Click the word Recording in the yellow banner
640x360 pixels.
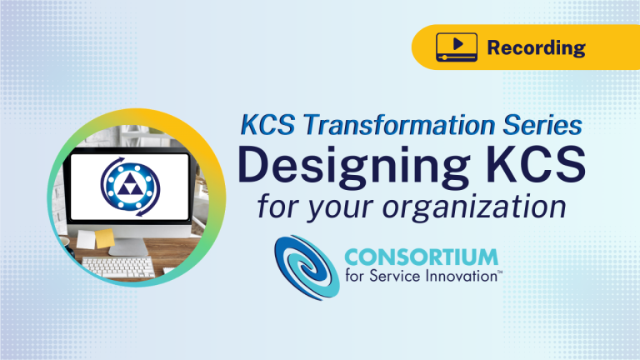point(537,48)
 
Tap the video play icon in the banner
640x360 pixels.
point(457,47)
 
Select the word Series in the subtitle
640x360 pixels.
point(542,124)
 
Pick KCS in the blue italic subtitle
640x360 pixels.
point(267,124)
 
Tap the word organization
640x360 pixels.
point(474,207)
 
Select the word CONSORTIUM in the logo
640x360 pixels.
point(421,257)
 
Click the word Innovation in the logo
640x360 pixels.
point(461,276)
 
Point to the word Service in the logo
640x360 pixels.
point(395,276)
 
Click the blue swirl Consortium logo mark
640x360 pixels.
point(307,267)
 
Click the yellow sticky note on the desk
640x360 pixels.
point(105,238)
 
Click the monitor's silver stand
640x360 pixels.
point(127,247)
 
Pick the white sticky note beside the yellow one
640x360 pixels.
point(86,239)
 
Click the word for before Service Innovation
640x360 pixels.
point(355,276)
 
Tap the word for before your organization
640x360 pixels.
point(279,207)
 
